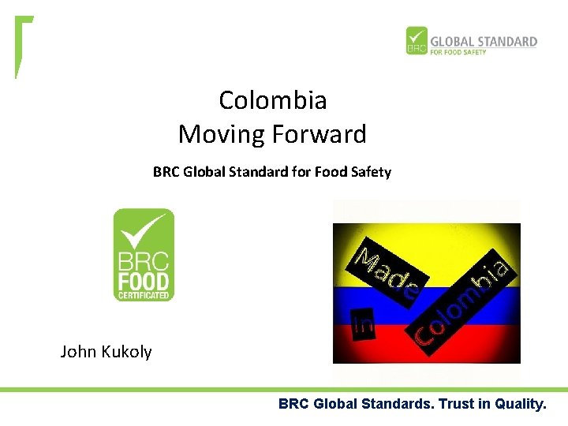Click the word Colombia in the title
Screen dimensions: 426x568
click(272, 100)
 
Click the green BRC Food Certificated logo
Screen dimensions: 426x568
click(144, 254)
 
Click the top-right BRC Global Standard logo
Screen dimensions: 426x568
click(471, 41)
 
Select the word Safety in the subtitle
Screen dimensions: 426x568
click(371, 171)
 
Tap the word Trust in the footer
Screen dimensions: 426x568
click(456, 405)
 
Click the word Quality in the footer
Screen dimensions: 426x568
click(518, 405)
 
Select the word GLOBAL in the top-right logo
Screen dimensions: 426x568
click(454, 41)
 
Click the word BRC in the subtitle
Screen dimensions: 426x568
click(166, 171)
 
